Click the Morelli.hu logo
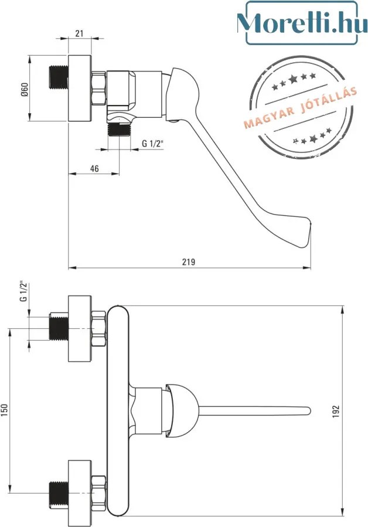click(x=301, y=23)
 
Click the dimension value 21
click(x=79, y=33)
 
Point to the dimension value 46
click(x=95, y=168)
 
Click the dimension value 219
click(x=189, y=261)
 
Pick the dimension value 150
click(x=4, y=410)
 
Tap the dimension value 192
click(x=336, y=412)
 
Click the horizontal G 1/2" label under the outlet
click(x=152, y=143)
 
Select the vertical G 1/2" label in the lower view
click(x=23, y=291)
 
